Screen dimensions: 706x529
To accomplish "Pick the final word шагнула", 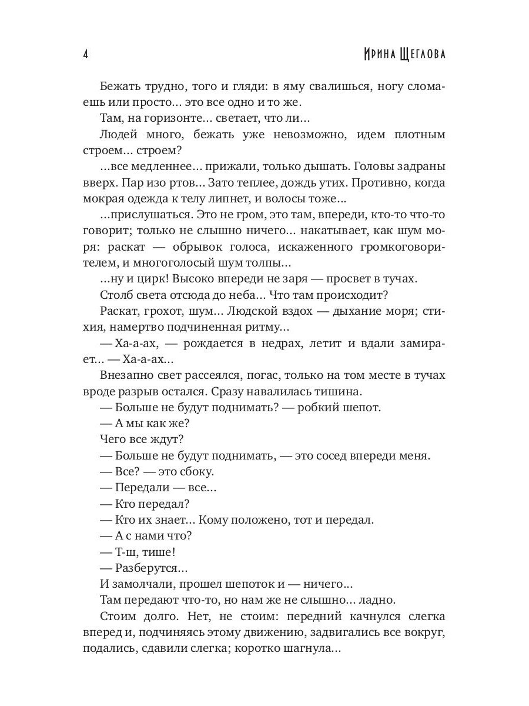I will (309, 648).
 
